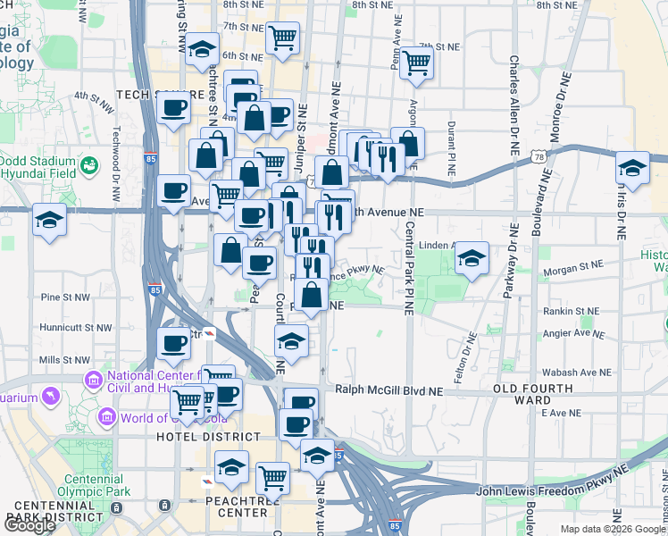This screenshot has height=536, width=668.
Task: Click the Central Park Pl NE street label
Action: pyautogui.click(x=408, y=268)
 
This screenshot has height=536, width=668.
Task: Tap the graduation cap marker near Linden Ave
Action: pyautogui.click(x=472, y=260)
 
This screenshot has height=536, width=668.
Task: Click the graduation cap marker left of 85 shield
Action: pyautogui.click(x=48, y=219)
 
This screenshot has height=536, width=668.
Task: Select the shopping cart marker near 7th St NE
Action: pyautogui.click(x=416, y=63)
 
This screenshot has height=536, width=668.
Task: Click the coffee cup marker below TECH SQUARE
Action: pyautogui.click(x=173, y=110)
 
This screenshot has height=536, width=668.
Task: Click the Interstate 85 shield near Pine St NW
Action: pyautogui.click(x=155, y=290)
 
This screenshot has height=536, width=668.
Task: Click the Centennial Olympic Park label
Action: pyautogui.click(x=93, y=484)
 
